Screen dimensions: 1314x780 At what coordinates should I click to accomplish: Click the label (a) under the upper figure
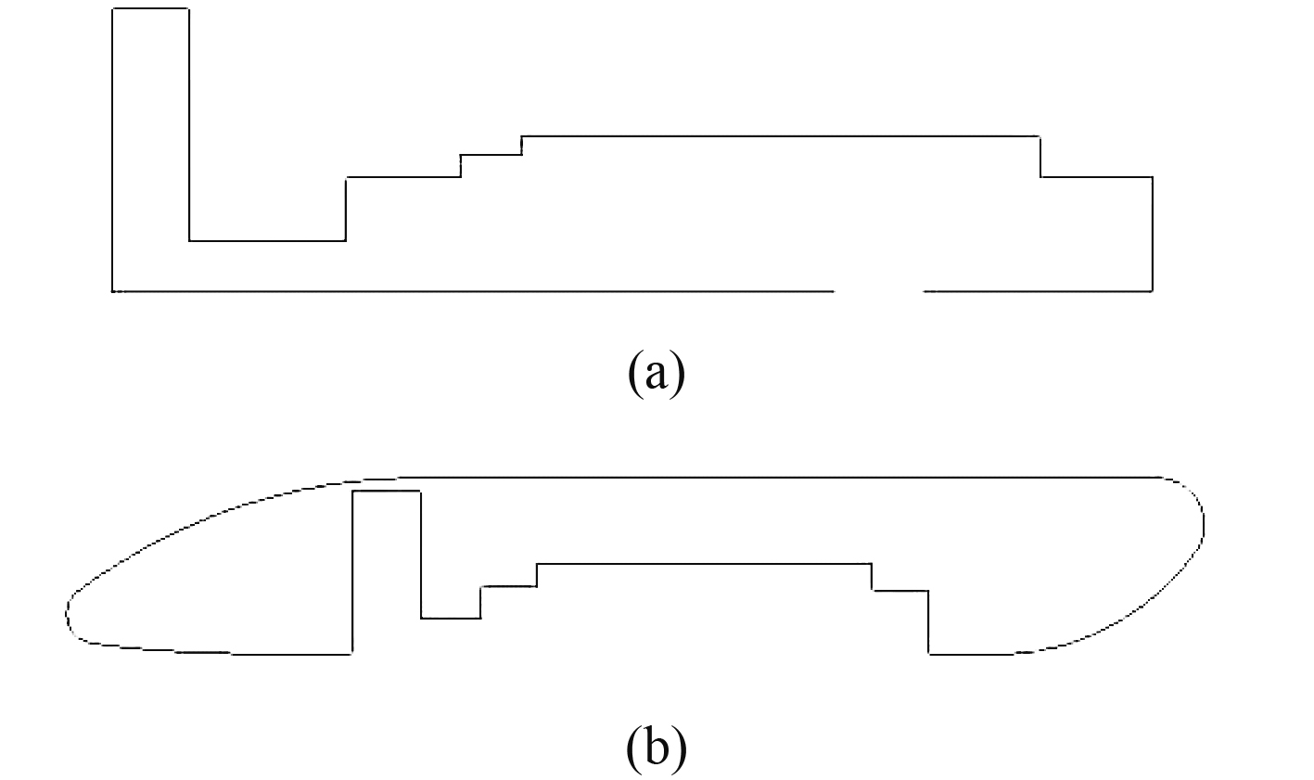pos(656,373)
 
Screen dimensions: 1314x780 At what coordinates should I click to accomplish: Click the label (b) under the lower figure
pos(657,748)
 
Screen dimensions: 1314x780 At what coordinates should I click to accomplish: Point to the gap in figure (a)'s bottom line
pos(878,291)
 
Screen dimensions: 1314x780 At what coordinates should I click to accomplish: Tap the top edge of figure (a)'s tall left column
pos(150,9)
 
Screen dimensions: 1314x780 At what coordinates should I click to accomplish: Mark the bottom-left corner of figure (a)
pos(113,291)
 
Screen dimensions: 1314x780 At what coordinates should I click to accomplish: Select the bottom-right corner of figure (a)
pos(1152,291)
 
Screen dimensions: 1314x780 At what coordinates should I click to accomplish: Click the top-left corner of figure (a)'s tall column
pos(113,9)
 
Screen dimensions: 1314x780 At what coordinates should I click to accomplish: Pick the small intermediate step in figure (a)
pos(491,155)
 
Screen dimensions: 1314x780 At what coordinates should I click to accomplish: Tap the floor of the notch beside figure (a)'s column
pos(267,241)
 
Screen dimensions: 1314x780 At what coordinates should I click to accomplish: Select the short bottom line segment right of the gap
pos(1038,291)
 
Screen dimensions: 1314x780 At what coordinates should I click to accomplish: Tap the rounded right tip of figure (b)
pos(1204,523)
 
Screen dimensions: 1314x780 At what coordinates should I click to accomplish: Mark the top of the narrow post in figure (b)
pos(387,492)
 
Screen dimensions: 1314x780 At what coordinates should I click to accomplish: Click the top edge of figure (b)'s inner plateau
pos(705,563)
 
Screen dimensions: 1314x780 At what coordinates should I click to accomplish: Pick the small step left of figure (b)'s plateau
pos(508,586)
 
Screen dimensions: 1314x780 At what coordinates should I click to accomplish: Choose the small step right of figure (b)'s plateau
pos(899,590)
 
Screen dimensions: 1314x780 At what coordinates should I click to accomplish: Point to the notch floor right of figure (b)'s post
pos(451,618)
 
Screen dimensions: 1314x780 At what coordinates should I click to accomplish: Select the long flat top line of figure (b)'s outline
pos(779,477)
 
